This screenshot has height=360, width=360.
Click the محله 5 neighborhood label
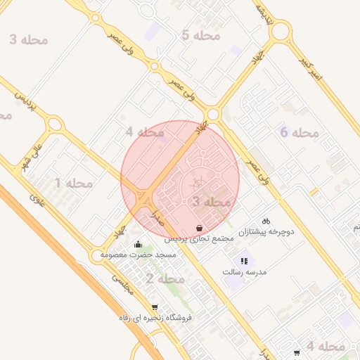point(200,35)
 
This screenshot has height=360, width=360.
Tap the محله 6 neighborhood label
point(300,132)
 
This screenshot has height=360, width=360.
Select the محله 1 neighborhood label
point(74,184)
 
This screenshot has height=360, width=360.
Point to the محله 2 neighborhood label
point(165,279)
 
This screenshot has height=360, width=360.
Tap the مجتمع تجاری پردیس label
point(200,239)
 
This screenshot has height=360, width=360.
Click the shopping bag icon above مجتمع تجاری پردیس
point(200,229)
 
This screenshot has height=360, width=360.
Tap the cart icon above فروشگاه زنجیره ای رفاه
point(154,307)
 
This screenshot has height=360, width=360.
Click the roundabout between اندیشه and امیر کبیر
point(280,32)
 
